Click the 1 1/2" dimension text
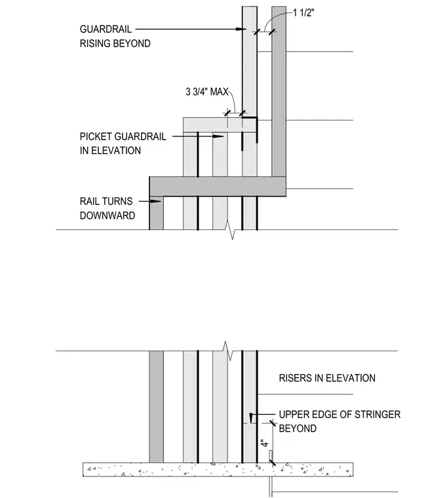[x=303, y=13]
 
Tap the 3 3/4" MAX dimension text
[x=207, y=92]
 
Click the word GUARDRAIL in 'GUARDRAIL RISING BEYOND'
[x=106, y=29]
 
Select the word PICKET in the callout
[x=96, y=136]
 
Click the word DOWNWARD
[x=107, y=216]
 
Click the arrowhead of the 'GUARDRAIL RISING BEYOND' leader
[x=241, y=29]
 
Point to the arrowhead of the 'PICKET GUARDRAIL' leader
[x=218, y=136]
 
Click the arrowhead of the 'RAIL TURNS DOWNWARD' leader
[x=156, y=201]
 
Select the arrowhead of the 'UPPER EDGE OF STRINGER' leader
[x=251, y=418]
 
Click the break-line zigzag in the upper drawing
[x=231, y=229]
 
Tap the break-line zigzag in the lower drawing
[x=228, y=351]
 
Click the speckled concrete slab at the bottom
[x=218, y=470]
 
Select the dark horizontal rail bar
[x=218, y=187]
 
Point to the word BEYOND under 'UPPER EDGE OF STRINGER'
[x=298, y=429]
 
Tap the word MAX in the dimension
[x=220, y=92]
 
